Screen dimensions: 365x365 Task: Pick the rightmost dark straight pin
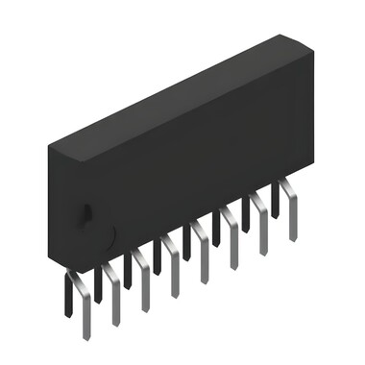coord(277,198)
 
